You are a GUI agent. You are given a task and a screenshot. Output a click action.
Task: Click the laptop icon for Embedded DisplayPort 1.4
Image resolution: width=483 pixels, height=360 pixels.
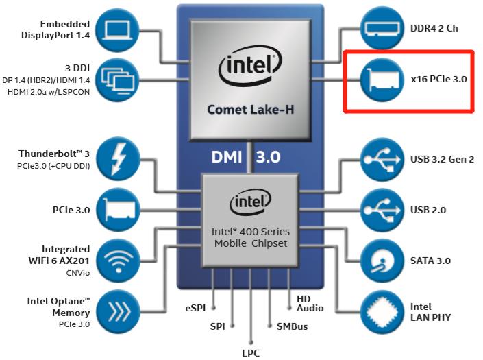pyautogui.click(x=121, y=29)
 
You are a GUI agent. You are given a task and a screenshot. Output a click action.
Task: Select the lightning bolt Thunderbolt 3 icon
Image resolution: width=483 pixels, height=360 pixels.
pyautogui.click(x=121, y=160)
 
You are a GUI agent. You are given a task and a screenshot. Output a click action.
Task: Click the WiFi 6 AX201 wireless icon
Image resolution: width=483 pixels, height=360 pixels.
pyautogui.click(x=121, y=259)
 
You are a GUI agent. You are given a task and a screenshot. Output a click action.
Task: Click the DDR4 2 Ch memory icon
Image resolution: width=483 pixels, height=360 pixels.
pyautogui.click(x=381, y=29)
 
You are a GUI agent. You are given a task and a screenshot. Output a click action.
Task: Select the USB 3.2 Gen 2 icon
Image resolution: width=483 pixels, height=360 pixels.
pyautogui.click(x=381, y=160)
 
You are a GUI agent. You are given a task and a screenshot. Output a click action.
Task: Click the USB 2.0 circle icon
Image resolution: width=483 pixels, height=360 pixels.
pyautogui.click(x=381, y=209)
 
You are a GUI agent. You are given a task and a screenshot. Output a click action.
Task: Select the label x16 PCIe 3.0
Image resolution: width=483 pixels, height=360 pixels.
pyautogui.click(x=438, y=80)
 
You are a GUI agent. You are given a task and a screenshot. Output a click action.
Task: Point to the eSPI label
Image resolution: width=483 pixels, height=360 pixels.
pyautogui.click(x=196, y=308)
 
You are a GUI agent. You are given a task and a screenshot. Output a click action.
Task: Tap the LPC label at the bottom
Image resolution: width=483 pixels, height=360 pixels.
pyautogui.click(x=251, y=353)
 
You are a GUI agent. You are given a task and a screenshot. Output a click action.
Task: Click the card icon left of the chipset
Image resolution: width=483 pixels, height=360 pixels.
pyautogui.click(x=121, y=209)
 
